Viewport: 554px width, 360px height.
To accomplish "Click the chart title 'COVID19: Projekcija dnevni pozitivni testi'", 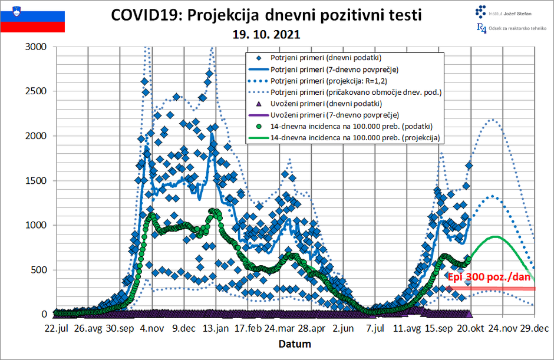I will (266, 15).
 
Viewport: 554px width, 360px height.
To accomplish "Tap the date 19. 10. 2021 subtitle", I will (266, 34).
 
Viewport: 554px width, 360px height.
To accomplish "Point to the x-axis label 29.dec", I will (534, 328).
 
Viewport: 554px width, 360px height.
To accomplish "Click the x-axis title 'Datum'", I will (295, 343).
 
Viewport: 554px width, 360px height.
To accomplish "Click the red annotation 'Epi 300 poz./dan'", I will (489, 277).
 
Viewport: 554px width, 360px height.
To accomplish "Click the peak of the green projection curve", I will (495, 236).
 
